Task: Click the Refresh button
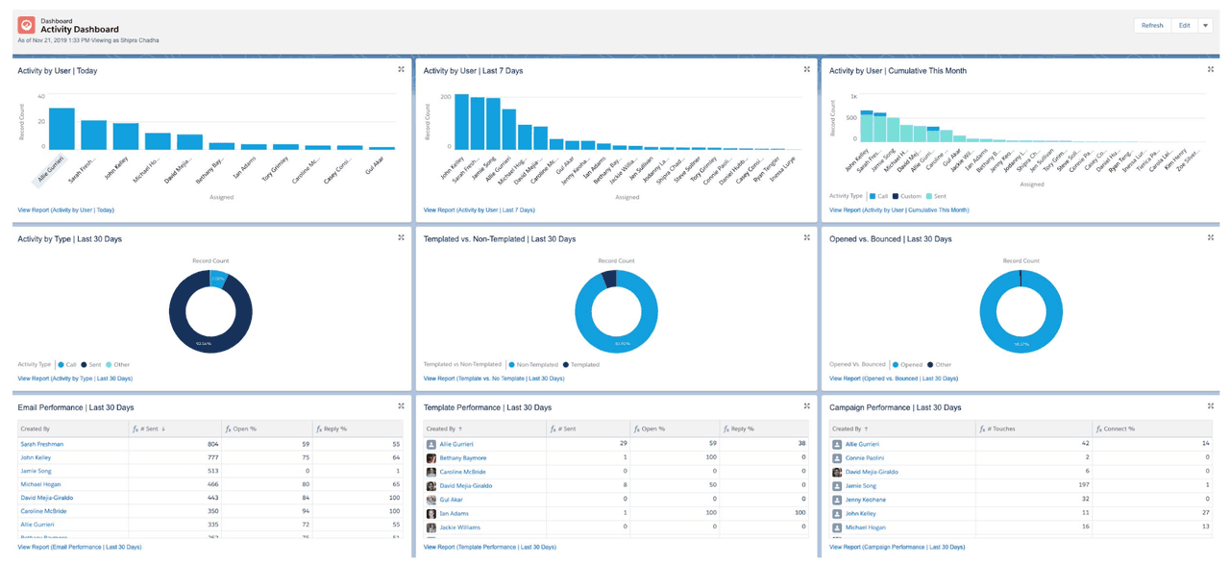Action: click(1152, 26)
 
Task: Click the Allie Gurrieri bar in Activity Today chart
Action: click(61, 129)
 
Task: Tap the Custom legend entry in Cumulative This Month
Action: click(909, 196)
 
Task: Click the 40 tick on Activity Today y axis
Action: click(41, 97)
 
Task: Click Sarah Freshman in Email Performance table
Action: click(41, 445)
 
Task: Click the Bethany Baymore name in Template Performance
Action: click(462, 458)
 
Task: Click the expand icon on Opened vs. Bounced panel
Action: click(1211, 238)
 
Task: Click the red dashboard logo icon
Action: click(26, 26)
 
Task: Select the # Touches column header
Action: click(999, 429)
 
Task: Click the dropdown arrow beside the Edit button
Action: click(1205, 26)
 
